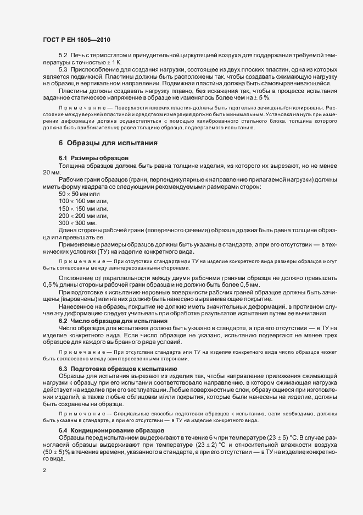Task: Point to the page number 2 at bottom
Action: point(44,470)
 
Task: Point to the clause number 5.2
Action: point(63,56)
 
